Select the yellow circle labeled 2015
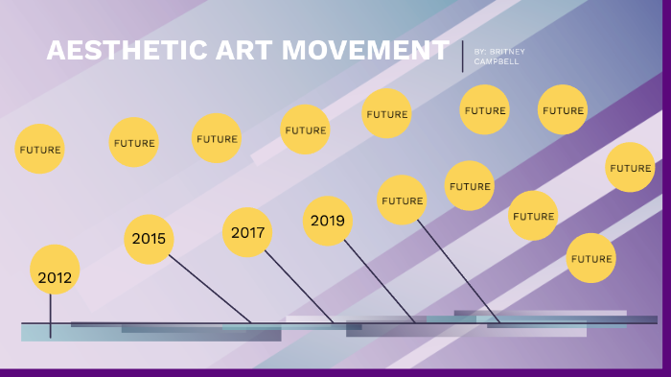click(x=149, y=239)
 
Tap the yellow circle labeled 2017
click(x=247, y=232)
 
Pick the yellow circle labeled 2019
click(x=327, y=221)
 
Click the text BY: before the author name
click(x=481, y=51)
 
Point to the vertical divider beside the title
click(x=462, y=57)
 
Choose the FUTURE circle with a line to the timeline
click(x=402, y=200)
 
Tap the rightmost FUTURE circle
click(x=630, y=168)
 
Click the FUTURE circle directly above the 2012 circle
click(x=40, y=150)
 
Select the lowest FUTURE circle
click(x=590, y=258)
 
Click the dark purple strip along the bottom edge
click(x=335, y=372)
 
